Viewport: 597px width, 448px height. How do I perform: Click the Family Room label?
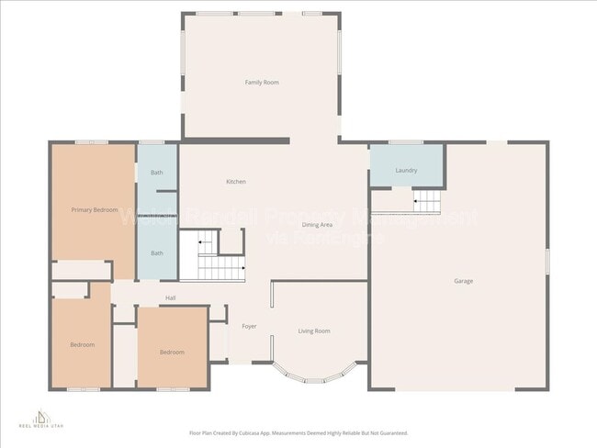tap(262, 83)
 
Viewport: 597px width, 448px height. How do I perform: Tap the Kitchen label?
tap(236, 182)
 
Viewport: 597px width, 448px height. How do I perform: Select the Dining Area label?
tap(317, 225)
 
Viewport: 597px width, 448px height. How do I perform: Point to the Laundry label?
tap(406, 171)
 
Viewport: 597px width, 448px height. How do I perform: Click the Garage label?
tap(463, 281)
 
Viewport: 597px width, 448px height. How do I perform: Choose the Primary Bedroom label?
tap(95, 210)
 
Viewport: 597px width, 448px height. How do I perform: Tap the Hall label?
tap(170, 298)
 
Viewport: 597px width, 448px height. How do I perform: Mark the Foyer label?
tap(249, 326)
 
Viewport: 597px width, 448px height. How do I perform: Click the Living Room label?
tap(314, 330)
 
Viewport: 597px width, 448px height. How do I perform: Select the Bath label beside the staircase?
tap(157, 253)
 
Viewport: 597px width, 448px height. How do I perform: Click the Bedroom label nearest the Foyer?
tap(172, 353)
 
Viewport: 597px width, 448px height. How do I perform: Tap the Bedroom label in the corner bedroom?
tap(83, 344)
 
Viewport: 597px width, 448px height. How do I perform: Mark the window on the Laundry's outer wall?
tap(405, 142)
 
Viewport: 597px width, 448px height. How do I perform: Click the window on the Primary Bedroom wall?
tap(92, 142)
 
